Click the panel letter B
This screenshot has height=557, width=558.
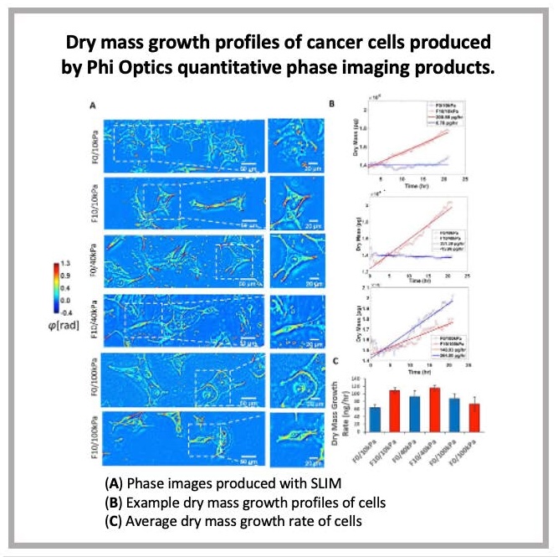pos(332,105)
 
